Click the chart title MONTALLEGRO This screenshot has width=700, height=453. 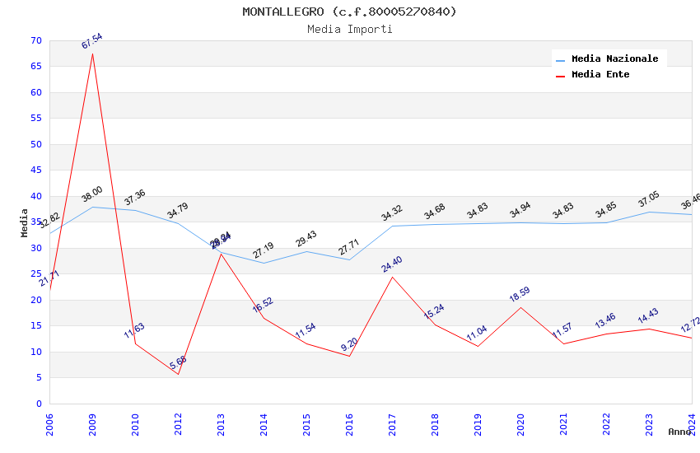349,12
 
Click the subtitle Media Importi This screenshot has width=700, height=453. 349,29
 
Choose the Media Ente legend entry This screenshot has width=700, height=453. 600,74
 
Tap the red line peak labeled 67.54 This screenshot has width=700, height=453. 92,54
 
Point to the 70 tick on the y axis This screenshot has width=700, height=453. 34,40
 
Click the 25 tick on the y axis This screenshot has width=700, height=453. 34,274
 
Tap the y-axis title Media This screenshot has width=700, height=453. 25,222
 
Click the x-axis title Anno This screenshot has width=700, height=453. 679,432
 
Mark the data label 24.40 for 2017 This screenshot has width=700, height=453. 392,264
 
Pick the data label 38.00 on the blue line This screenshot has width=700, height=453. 92,194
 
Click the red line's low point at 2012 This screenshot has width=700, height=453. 178,374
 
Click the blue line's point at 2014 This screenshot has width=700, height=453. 264,263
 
